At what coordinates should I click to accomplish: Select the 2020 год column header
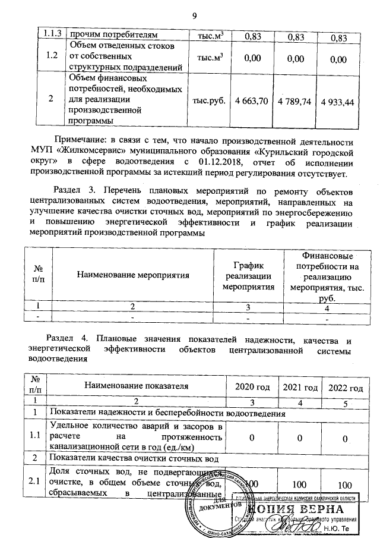tap(252, 387)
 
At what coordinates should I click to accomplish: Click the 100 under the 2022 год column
tap(344, 484)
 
